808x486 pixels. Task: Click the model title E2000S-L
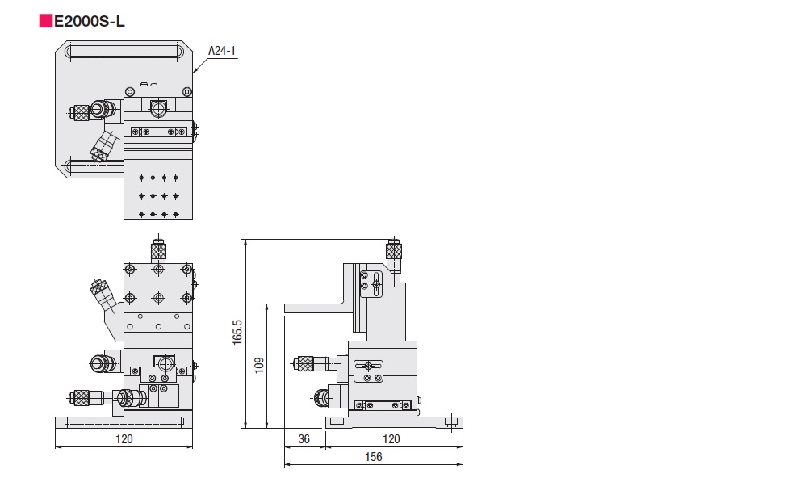coord(89,22)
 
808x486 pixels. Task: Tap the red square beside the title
coord(45,22)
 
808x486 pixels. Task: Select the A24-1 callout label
coord(221,51)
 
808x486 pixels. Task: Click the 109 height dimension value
coord(257,365)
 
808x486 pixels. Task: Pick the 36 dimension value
coord(304,438)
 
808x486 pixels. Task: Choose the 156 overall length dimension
coord(373,457)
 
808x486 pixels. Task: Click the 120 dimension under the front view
coord(124,438)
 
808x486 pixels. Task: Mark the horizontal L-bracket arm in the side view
coord(315,307)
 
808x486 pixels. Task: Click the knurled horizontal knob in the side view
coord(306,364)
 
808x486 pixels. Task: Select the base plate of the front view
coord(124,421)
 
